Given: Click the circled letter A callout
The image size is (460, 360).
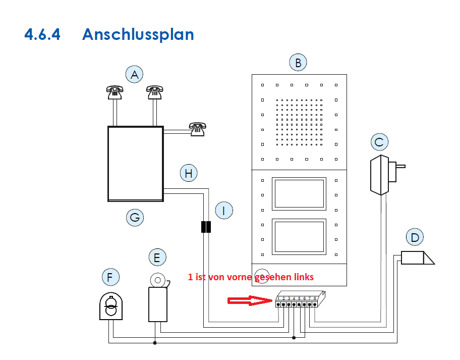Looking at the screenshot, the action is pos(134,74).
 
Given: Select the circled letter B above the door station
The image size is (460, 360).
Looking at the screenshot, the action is pos(298,62).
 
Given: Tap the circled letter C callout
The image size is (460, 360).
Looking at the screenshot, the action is pos(380,142).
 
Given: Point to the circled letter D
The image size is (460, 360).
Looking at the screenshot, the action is pos(415,237).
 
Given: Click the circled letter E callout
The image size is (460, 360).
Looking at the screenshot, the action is pos(157,257).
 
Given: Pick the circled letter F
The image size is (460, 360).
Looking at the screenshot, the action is pos(110,277).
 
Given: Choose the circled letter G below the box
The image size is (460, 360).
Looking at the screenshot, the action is pos(135,218).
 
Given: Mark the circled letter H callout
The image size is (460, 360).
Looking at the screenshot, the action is pos(189,173).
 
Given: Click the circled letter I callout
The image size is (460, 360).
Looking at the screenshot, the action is pos(224,211).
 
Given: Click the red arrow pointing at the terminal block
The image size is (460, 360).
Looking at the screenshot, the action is pos(250,300).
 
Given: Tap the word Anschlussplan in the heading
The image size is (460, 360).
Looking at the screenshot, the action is pos(138,35).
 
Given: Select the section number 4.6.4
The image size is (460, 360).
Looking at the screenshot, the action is pos(42,34).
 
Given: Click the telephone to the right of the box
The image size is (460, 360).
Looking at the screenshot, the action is pos(197,129).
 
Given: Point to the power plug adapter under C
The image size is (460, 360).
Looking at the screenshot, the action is pos(387,175).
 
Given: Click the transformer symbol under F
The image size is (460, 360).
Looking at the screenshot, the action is pos(111,306).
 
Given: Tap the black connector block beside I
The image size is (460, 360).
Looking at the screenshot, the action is pos(206,227).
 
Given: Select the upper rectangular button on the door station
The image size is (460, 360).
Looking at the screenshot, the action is pos(299,194).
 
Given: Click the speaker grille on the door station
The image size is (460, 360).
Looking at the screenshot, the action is pos(299,122).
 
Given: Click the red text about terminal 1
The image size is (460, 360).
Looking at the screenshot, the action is pos(251,277).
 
